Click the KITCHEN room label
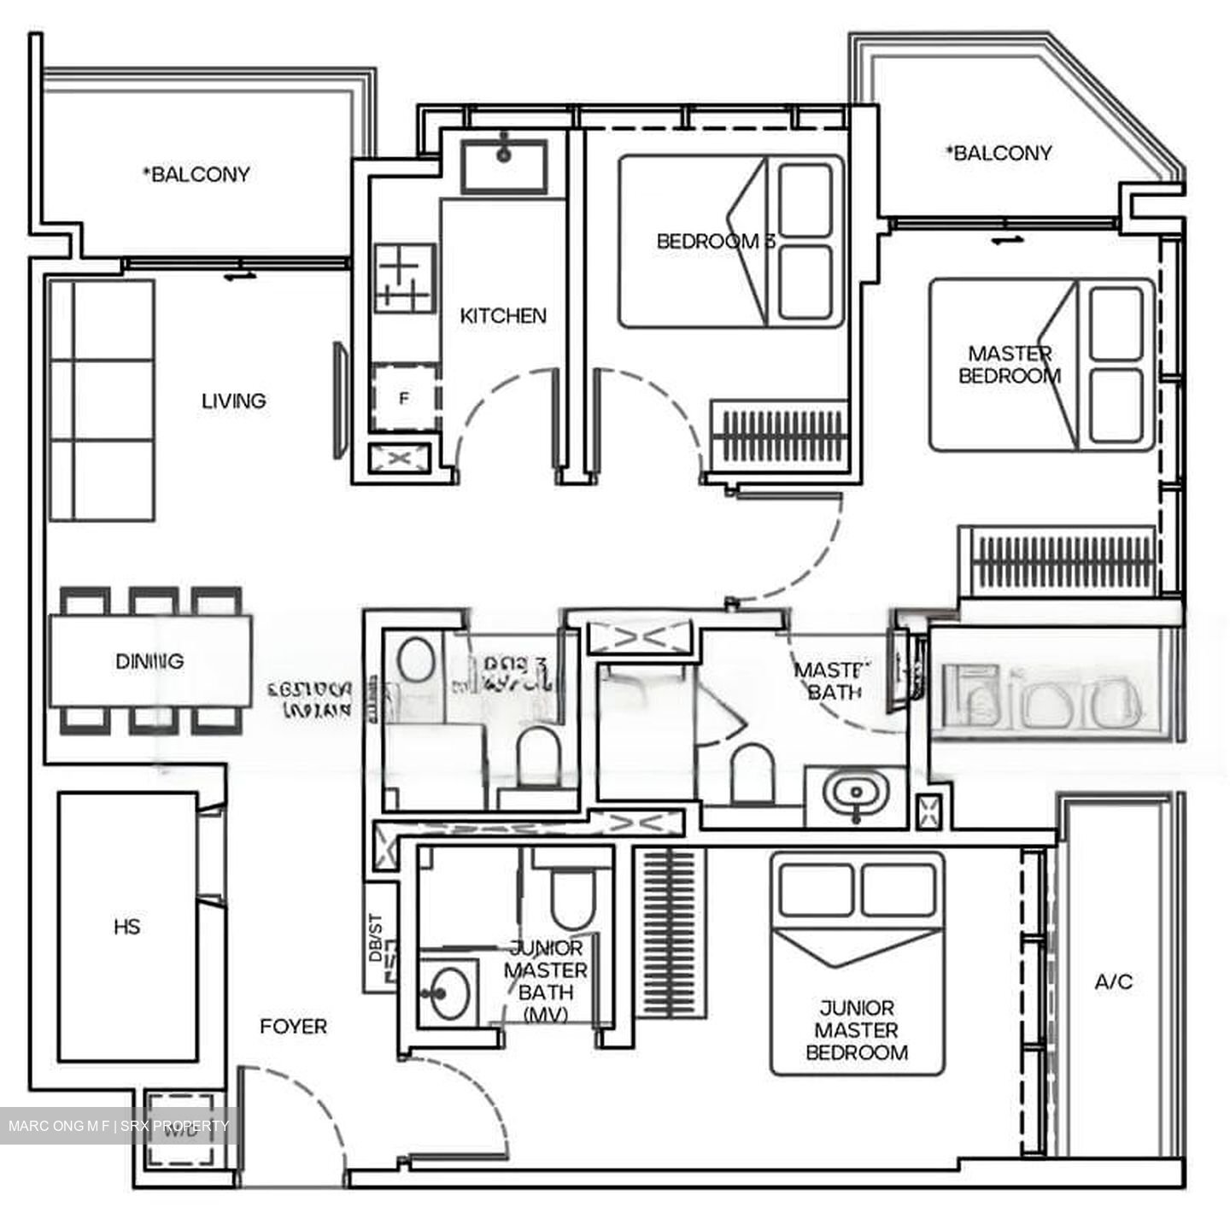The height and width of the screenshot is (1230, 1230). pyautogui.click(x=503, y=316)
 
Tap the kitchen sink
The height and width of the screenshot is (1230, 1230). pyautogui.click(x=504, y=166)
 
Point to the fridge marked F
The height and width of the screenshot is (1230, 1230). pyautogui.click(x=405, y=397)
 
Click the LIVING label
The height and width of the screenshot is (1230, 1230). pyautogui.click(x=233, y=401)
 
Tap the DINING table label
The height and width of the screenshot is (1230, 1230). pyautogui.click(x=149, y=661)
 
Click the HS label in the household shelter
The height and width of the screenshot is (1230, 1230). pyautogui.click(x=126, y=927)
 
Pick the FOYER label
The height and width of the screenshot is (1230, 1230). pyautogui.click(x=293, y=1026)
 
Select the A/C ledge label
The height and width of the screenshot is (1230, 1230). pyautogui.click(x=1114, y=982)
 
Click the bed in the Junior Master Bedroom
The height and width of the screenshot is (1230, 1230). pyautogui.click(x=857, y=963)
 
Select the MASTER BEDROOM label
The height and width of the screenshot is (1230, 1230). pyautogui.click(x=1010, y=365)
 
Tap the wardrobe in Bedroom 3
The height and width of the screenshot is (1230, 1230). pyautogui.click(x=778, y=437)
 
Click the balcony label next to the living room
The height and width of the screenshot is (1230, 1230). pyautogui.click(x=196, y=174)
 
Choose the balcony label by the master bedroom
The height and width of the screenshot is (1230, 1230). pyautogui.click(x=999, y=154)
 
